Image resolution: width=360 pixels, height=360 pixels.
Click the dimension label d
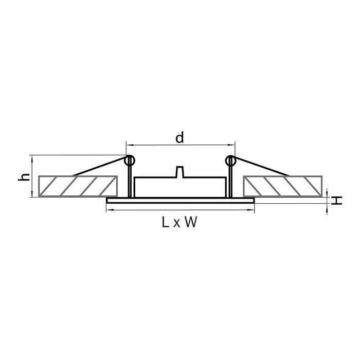point(180,137)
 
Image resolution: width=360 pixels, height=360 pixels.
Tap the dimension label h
point(24,177)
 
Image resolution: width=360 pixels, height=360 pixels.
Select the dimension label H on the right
point(336,200)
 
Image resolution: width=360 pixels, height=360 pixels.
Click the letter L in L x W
point(165,222)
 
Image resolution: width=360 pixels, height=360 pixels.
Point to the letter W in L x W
point(191,222)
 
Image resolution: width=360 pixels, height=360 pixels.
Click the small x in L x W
point(176,223)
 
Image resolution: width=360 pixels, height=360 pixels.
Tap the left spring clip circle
point(130,160)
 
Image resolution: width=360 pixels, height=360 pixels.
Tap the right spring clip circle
point(230,160)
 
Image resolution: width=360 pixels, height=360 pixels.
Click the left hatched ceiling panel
point(78,186)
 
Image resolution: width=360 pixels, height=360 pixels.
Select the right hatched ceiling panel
point(283,186)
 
